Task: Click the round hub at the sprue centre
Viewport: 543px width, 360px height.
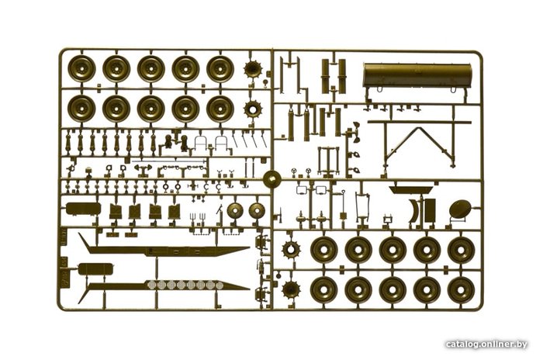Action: [x=272, y=179]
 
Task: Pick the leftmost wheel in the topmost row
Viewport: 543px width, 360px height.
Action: [x=81, y=68]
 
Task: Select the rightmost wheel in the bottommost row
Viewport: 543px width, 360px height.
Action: [x=461, y=289]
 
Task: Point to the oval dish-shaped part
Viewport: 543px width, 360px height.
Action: [x=460, y=209]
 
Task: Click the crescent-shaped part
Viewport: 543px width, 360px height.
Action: [x=413, y=210]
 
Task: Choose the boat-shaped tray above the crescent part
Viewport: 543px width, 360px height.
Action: [x=410, y=190]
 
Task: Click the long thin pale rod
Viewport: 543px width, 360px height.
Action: [x=168, y=161]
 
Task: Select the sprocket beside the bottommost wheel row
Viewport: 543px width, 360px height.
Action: [x=291, y=289]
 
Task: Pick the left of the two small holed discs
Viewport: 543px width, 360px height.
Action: [x=236, y=211]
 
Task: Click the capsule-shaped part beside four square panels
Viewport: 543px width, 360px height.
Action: [x=83, y=209]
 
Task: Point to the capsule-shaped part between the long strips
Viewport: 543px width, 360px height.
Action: [x=91, y=269]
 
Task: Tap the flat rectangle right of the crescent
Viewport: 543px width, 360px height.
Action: [x=430, y=210]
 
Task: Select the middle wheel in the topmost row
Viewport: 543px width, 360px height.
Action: [x=151, y=68]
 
